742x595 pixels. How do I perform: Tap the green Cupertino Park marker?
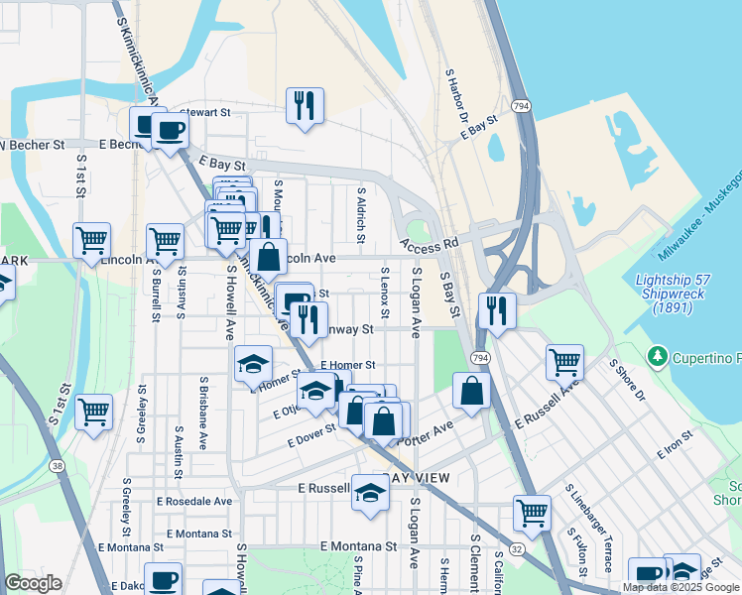tap(656, 355)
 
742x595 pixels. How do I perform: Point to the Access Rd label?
tap(430, 243)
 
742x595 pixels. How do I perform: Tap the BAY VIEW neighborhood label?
tap(420, 478)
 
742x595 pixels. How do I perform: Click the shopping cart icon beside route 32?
tap(532, 513)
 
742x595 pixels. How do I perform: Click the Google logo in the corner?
tap(34, 583)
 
